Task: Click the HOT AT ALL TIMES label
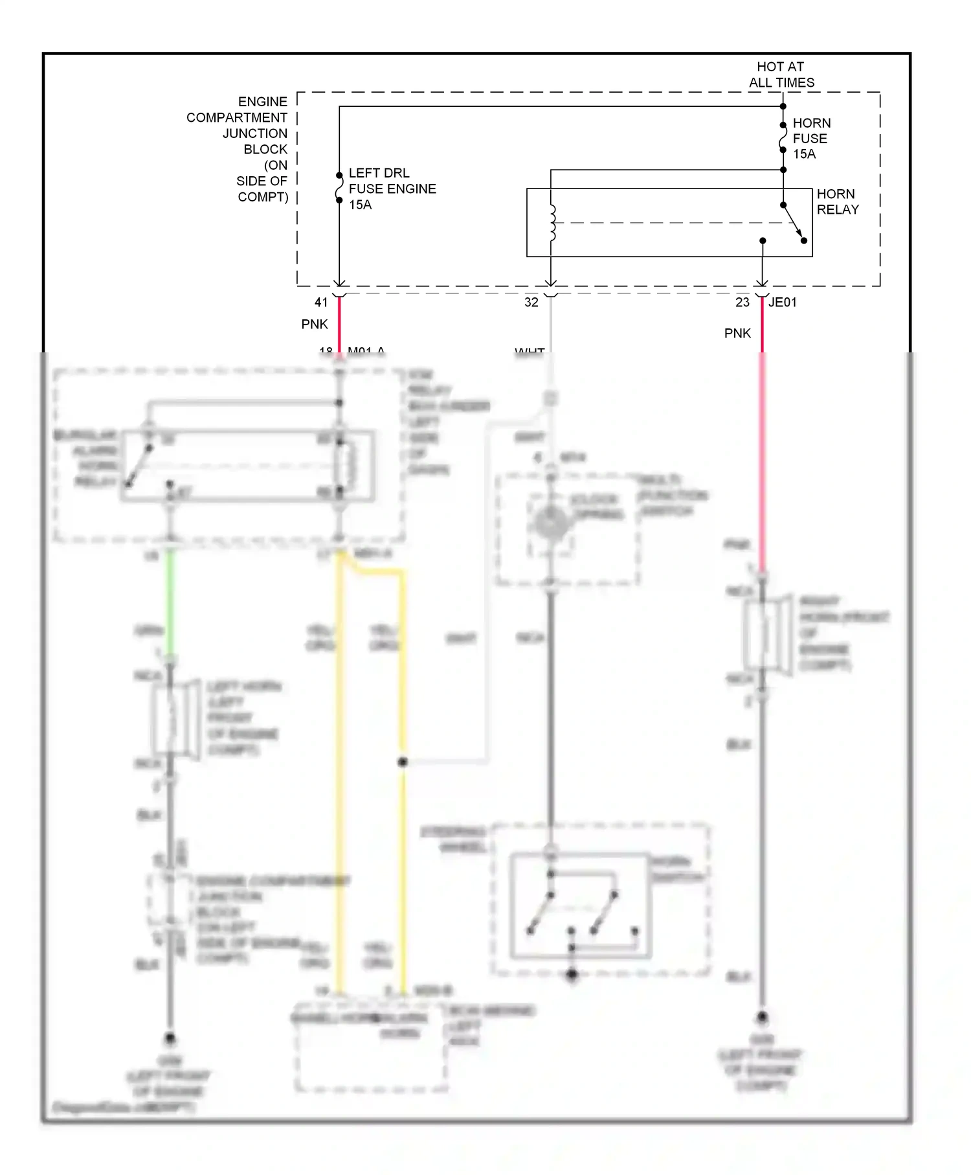pos(781,74)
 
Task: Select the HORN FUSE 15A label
pos(811,138)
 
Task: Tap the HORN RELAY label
pos(837,201)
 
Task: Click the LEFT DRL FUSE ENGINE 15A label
pos(392,188)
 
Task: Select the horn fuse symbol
pos(783,137)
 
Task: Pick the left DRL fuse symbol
pos(339,188)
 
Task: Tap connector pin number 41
pos(321,302)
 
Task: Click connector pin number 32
pos(531,302)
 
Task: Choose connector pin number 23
pos(742,302)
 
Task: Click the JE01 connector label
pos(783,302)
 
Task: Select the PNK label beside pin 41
pos(315,324)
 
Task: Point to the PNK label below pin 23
pos(737,333)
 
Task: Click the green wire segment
pos(170,602)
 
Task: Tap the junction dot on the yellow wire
pos(402,762)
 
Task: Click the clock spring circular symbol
pos(551,522)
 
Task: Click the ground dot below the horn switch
pos(572,974)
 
